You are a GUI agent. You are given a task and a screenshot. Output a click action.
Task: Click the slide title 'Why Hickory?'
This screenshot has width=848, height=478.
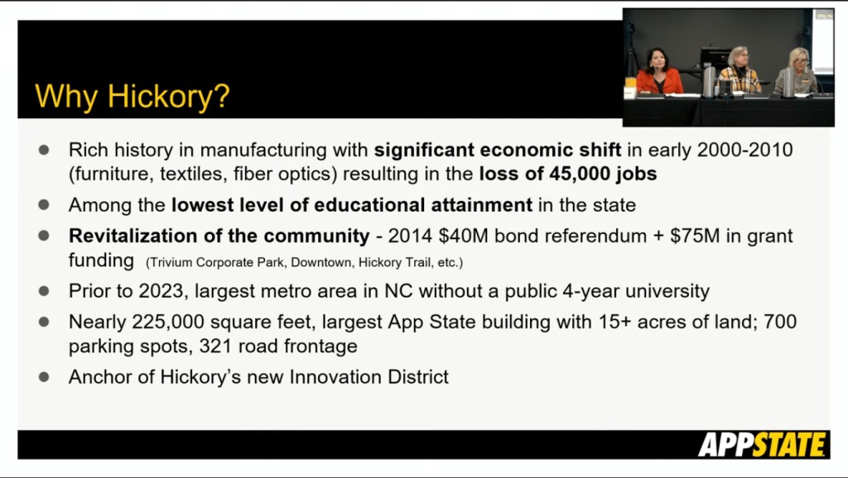132,98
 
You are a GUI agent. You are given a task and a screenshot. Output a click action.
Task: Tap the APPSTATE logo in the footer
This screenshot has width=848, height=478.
763,445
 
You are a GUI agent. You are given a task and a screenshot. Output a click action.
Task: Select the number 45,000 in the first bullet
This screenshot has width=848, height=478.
579,174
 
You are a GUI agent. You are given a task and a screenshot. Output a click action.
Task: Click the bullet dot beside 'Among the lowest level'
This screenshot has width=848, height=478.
44,205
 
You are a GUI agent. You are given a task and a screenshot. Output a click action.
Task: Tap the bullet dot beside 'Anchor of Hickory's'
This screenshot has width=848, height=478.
44,376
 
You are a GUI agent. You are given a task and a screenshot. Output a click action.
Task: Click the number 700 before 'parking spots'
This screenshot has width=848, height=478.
780,322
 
